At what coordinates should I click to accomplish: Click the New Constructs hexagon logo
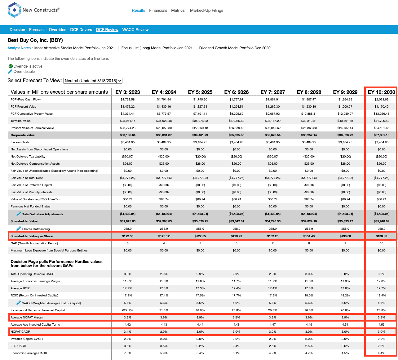pos(14,10)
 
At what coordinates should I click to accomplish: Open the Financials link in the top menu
pos(158,10)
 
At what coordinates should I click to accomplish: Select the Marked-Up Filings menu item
pos(206,10)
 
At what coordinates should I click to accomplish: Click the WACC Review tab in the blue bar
pos(135,29)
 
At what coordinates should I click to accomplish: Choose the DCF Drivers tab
pos(81,29)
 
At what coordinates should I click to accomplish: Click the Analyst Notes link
pos(19,48)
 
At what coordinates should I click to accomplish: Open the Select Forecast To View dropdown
pos(93,81)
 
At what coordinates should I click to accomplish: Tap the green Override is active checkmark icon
pos(11,66)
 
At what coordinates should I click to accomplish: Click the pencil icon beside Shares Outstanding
pos(19,229)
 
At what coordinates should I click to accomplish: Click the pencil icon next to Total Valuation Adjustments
pos(19,214)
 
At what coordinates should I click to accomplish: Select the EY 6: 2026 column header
pos(236,92)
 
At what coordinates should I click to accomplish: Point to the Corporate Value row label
pos(23,135)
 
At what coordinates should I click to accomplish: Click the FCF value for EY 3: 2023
pos(128,99)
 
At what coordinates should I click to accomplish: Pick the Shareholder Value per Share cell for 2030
pos(381,236)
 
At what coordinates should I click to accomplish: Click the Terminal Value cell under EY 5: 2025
pos(200,121)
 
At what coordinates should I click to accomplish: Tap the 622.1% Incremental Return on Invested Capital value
pos(128,310)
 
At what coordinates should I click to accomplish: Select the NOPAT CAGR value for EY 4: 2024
pos(164,331)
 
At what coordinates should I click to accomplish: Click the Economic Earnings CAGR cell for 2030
pos(381,353)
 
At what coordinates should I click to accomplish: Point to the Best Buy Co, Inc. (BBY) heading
pos(35,40)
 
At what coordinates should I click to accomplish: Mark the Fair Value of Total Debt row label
pos(27,178)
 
